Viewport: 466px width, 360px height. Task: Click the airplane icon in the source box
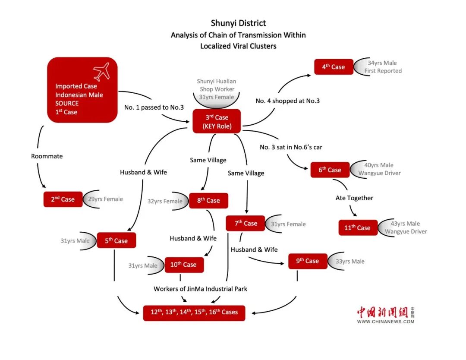[101, 72]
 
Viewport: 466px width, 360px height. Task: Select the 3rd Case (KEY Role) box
[217, 122]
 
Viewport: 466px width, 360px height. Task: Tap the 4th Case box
[333, 67]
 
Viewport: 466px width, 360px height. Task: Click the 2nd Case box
[63, 199]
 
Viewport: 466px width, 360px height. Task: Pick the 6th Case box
[330, 170]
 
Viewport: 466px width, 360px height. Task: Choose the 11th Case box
[357, 227]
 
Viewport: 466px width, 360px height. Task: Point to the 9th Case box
[308, 261]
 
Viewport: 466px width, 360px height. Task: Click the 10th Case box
[183, 265]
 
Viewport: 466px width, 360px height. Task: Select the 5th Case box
[116, 240]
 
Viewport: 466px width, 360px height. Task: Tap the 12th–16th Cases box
[194, 313]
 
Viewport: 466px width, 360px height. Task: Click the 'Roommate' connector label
[47, 156]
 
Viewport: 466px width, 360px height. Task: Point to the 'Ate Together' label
[354, 198]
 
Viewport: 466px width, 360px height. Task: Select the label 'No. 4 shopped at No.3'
[287, 101]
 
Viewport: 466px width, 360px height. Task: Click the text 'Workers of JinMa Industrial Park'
[201, 289]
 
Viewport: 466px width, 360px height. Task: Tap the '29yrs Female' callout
[105, 199]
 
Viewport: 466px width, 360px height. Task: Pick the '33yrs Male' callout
[349, 261]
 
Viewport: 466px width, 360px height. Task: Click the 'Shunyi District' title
[238, 23]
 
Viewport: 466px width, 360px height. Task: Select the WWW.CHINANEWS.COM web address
[382, 321]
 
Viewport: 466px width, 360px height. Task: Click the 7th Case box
[246, 223]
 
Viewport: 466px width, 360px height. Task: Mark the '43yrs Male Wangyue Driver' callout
[405, 227]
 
